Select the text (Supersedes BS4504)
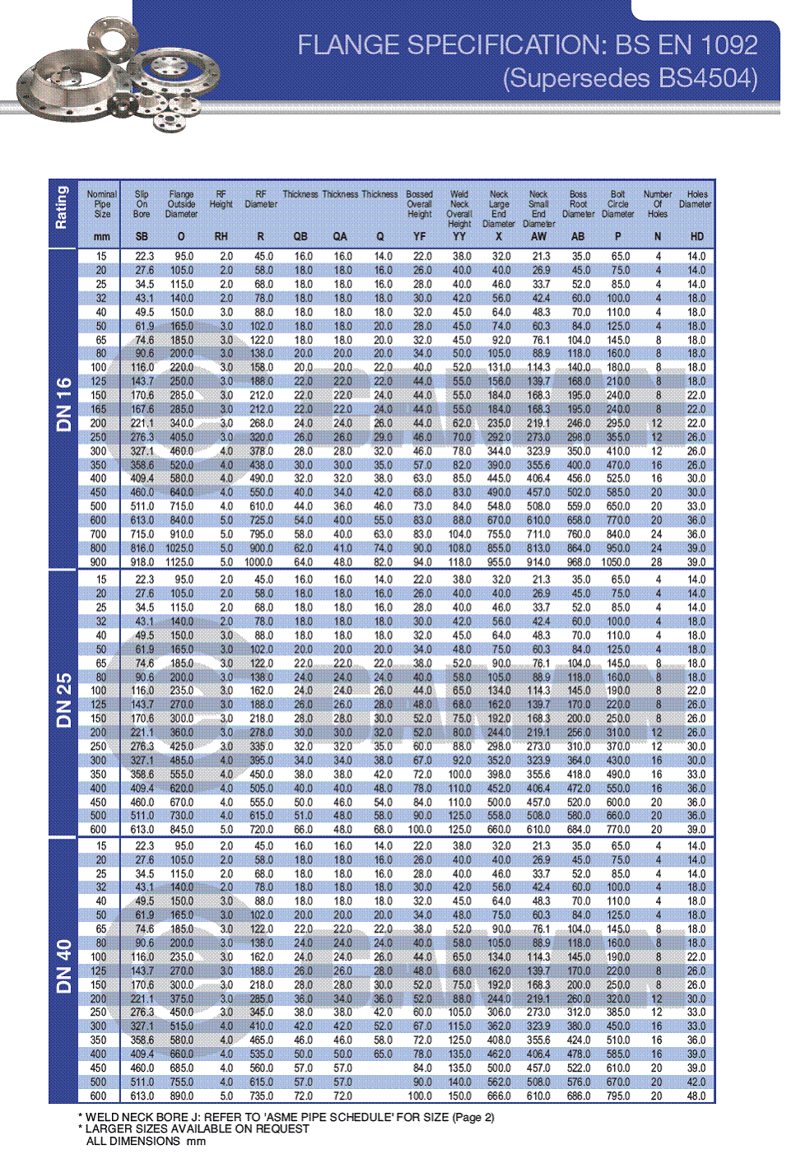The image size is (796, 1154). click(x=631, y=78)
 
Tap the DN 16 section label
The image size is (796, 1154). click(x=64, y=404)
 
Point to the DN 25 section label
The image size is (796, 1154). click(x=64, y=700)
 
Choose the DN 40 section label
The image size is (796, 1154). click(x=64, y=966)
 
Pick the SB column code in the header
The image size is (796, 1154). click(x=142, y=236)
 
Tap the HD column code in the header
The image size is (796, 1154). click(x=696, y=236)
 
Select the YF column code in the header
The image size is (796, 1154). click(x=420, y=236)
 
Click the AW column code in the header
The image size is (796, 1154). click(x=538, y=236)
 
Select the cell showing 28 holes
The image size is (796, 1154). click(x=657, y=562)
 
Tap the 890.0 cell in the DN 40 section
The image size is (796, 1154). click(x=181, y=1096)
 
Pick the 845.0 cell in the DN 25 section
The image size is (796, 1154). click(x=181, y=830)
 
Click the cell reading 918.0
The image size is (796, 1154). click(x=142, y=562)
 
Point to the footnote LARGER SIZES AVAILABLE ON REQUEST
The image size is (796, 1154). click(x=198, y=1128)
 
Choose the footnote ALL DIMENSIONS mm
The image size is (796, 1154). click(x=146, y=1141)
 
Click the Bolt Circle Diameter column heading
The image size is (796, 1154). click(x=617, y=204)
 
